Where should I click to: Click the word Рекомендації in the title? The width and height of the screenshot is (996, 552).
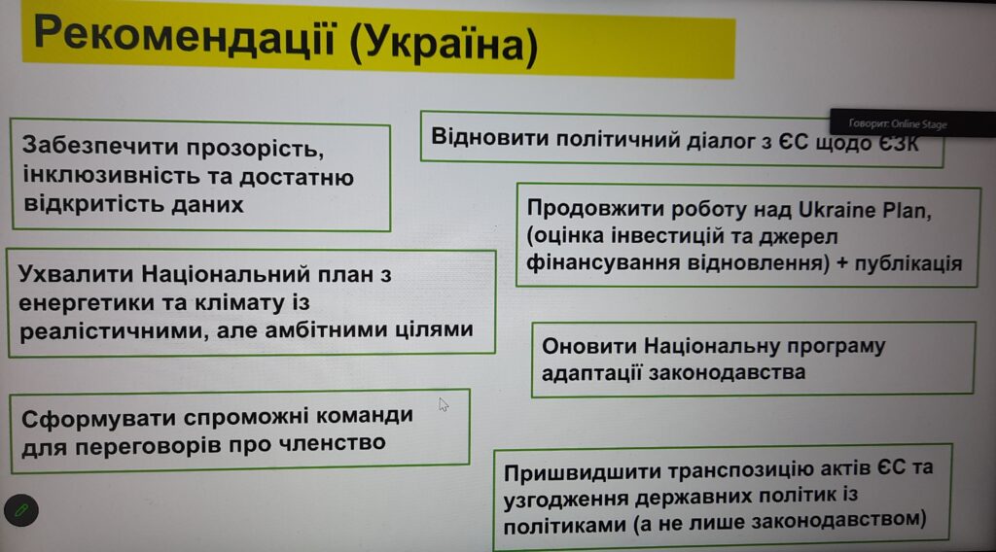click(184, 36)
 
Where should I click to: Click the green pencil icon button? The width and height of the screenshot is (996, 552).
click(21, 510)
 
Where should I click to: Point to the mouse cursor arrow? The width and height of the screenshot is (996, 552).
click(444, 405)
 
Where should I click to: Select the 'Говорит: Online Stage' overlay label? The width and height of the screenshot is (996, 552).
click(898, 124)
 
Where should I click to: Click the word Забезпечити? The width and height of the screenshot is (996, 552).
click(100, 146)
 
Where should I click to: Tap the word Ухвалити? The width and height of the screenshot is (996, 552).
click(76, 274)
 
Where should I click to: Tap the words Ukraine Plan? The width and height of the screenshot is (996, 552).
click(865, 210)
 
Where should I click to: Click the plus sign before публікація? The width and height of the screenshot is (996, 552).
click(842, 263)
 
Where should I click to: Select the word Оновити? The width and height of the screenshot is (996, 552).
click(588, 346)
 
